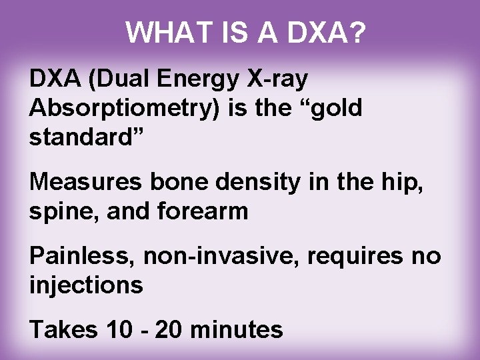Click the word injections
click(86, 285)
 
